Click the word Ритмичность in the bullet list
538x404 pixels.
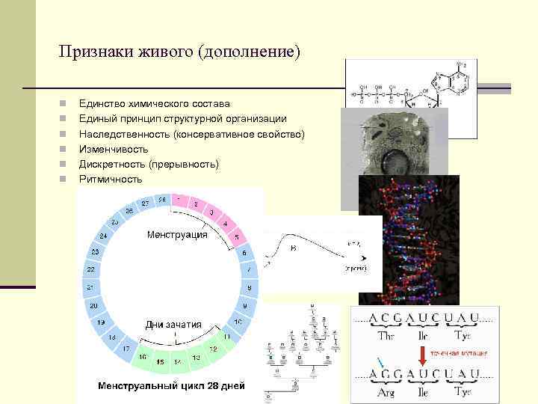coord(110,179)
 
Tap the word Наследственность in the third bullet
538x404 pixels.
coord(124,134)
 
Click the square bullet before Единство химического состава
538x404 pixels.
coord(66,104)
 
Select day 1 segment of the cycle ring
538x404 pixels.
coord(180,200)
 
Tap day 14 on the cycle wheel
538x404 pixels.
coord(179,361)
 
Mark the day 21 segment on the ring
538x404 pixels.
coord(90,287)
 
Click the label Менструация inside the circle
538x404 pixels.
coord(177,234)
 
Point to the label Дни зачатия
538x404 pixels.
coord(173,324)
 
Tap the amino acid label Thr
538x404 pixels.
coord(387,336)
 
